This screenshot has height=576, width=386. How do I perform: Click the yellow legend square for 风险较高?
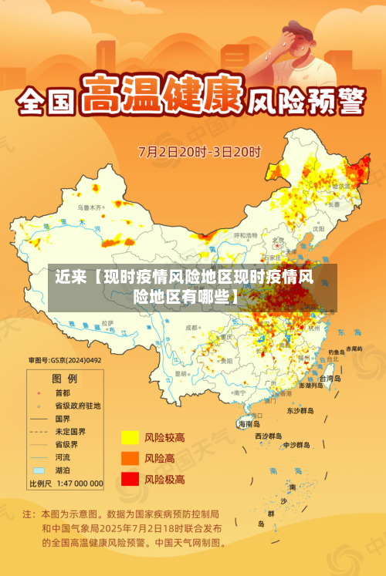tap(129, 437)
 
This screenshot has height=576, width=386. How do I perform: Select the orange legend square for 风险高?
tap(129, 458)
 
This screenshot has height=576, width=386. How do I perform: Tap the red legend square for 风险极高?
tap(129, 479)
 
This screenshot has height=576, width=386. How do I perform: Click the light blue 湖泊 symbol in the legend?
tap(38, 470)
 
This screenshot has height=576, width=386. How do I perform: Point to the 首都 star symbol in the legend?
tap(38, 392)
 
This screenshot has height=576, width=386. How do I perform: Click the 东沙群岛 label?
tap(300, 410)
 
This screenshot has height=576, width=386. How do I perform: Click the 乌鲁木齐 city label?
tap(90, 207)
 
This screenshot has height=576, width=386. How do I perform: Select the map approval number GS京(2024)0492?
tap(65, 360)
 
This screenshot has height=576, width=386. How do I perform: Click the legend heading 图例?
tap(64, 379)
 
